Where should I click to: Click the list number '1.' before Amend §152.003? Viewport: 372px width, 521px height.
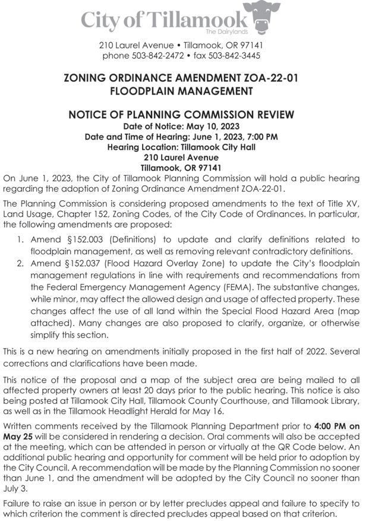[x=19, y=239]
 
